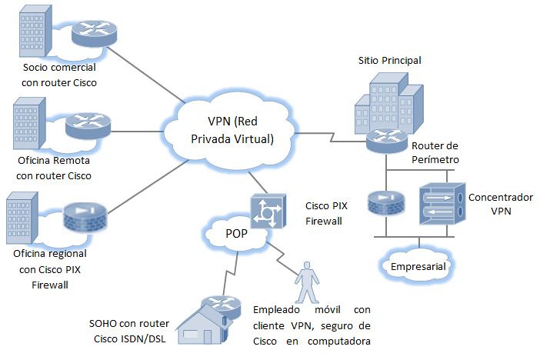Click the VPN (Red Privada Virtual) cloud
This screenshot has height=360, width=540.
(229, 128)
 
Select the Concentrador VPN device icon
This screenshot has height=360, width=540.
(442, 203)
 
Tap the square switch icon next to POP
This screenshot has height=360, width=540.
(267, 208)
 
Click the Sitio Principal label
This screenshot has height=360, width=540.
(389, 60)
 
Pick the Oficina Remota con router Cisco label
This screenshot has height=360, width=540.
(54, 168)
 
